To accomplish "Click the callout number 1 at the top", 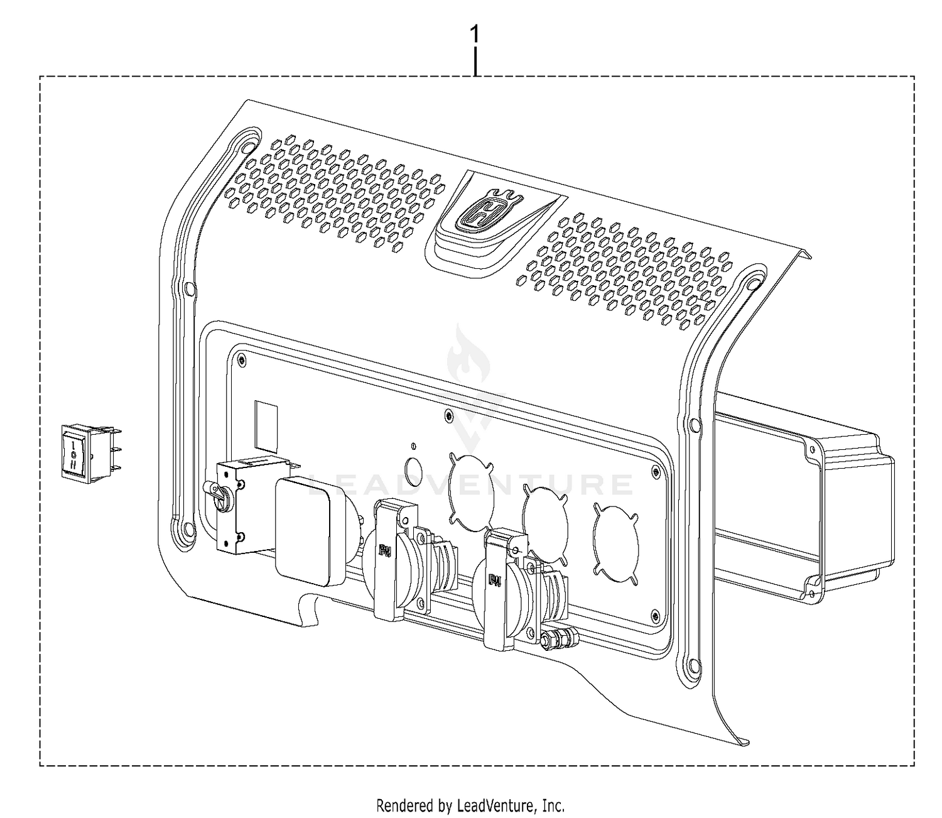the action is (x=475, y=35).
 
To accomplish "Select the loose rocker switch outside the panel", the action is (x=91, y=454).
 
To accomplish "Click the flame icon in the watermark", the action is (x=462, y=357).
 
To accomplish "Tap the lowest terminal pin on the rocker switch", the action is (x=116, y=469).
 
